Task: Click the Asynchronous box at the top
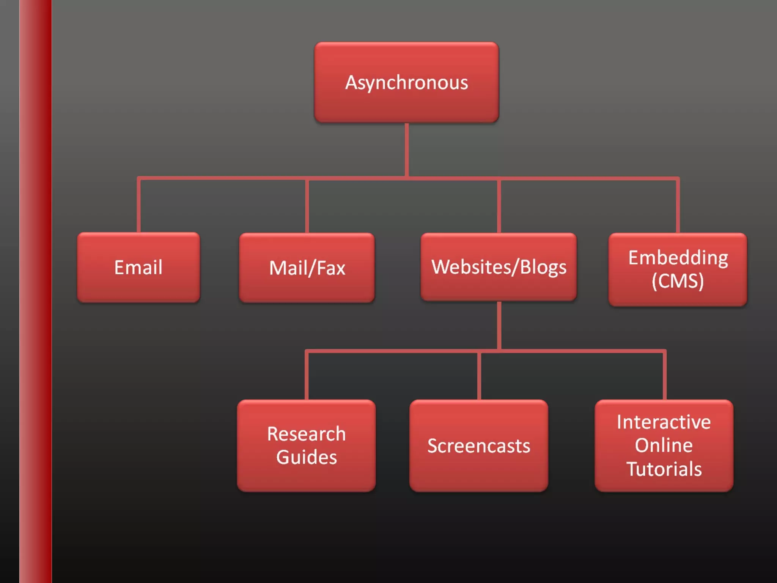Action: pyautogui.click(x=406, y=82)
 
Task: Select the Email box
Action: pyautogui.click(x=138, y=267)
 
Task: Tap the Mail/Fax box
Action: pyautogui.click(x=307, y=268)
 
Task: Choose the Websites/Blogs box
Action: pyautogui.click(x=499, y=267)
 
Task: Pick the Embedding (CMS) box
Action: pyautogui.click(x=678, y=269)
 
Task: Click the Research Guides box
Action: pyautogui.click(x=307, y=445)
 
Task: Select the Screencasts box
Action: pyautogui.click(x=479, y=446)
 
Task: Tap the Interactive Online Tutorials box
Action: pyautogui.click(x=664, y=445)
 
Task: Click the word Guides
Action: pyautogui.click(x=307, y=457)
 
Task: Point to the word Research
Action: pyautogui.click(x=307, y=434)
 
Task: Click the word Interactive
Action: pyautogui.click(x=664, y=422)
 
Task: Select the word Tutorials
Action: pyautogui.click(x=664, y=469)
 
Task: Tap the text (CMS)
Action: pyautogui.click(x=678, y=281)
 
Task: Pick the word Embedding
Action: pyautogui.click(x=678, y=258)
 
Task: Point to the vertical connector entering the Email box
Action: pyautogui.click(x=139, y=205)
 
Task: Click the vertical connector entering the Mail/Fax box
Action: pyautogui.click(x=307, y=206)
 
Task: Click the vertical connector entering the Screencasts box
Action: pyautogui.click(x=479, y=376)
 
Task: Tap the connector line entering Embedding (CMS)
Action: pyautogui.click(x=678, y=205)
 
